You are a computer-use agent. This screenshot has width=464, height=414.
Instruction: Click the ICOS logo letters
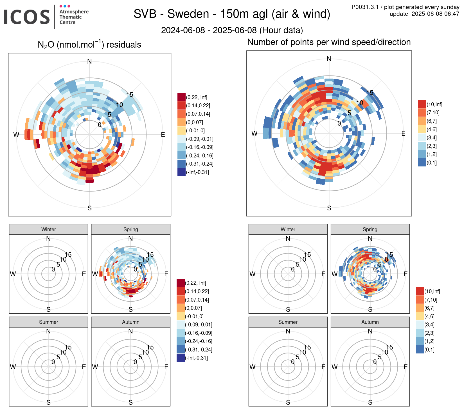(27, 17)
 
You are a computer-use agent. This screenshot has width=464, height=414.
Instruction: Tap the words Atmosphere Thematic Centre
(74, 17)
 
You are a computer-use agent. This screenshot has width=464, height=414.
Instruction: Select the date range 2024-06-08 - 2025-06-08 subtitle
(232, 30)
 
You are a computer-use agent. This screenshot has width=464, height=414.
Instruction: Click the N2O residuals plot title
(89, 45)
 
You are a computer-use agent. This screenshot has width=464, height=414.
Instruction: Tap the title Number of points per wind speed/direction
(329, 42)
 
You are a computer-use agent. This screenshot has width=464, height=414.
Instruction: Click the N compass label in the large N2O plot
(89, 61)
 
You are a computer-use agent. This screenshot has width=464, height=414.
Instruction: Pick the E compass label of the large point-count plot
(403, 133)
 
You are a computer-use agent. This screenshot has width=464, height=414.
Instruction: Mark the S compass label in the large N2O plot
(89, 208)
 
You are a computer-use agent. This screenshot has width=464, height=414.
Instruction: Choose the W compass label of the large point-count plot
(254, 133)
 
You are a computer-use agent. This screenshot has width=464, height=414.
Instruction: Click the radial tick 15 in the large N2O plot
(130, 95)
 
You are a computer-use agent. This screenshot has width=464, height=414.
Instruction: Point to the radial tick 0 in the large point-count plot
(339, 123)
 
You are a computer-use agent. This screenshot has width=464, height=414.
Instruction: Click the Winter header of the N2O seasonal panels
(49, 229)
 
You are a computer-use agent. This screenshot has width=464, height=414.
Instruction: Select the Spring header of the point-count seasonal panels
(370, 229)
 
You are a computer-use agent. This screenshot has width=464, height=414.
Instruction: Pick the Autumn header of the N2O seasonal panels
(130, 322)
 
